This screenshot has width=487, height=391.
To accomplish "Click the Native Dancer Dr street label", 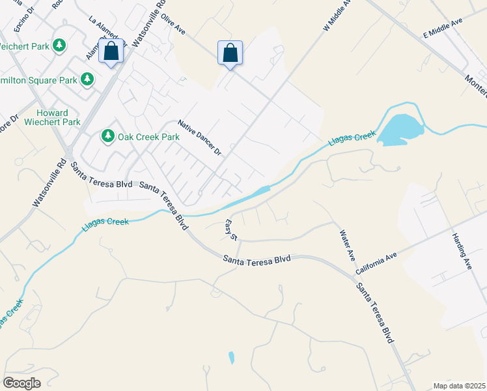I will [x=201, y=138].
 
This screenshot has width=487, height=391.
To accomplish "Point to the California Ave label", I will [x=376, y=263].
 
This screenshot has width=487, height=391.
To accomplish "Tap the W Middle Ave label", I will [x=337, y=14].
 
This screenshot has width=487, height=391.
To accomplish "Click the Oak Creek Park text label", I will [x=148, y=137].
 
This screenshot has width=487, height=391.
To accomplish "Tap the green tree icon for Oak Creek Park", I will [x=107, y=136].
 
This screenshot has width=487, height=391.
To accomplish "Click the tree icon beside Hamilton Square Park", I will [x=87, y=80].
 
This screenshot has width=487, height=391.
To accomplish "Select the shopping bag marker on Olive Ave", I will [x=230, y=53].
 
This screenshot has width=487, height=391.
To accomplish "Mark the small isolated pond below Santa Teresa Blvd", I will [x=231, y=357].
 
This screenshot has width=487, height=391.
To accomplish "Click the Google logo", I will [x=21, y=383].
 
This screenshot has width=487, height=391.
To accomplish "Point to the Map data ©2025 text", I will [x=459, y=386].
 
